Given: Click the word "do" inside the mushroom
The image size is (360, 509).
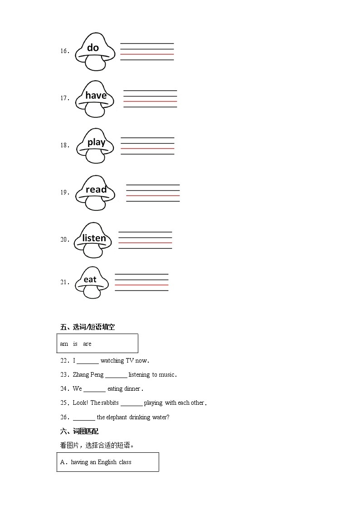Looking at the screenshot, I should pos(93,48).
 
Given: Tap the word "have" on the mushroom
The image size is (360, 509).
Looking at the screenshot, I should pos(96,95).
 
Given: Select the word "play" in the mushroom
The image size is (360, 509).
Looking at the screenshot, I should pos(96,142).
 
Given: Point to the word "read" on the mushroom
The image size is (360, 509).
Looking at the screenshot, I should pos(96,189).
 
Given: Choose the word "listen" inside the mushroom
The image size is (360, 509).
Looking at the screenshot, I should pos(94,238).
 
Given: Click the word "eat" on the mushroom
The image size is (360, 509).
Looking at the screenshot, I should pos(90,279).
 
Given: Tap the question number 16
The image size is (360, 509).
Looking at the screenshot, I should pos(64,51).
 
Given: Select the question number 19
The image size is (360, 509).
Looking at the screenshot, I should pos(64,192).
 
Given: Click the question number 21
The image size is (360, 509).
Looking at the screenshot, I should pos(64,282).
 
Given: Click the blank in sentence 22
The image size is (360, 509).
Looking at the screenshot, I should pos(88,361).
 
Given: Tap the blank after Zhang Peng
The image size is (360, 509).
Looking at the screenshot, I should pos(116,375).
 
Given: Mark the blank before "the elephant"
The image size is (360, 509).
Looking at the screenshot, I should pos(84,418).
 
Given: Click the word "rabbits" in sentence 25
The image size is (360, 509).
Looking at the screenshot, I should pos(110,403).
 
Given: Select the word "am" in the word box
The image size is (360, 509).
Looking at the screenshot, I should pos(64,344).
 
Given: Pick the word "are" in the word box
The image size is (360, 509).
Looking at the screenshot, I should pos(87,344).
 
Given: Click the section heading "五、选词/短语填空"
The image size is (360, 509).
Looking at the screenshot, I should pos(84,327).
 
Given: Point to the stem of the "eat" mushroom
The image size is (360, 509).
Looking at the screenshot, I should pos(92,292).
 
